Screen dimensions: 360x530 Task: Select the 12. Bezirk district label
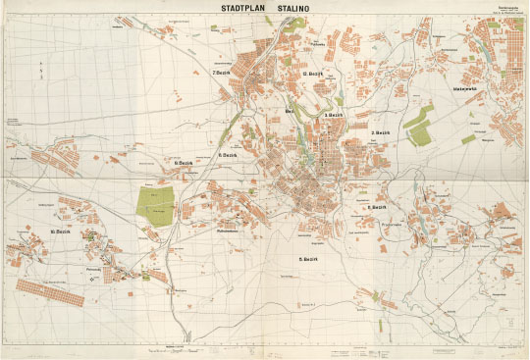(312, 75)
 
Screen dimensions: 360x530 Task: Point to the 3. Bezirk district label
(334, 116)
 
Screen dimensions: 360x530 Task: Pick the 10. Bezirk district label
(61, 231)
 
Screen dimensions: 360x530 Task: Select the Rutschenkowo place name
(232, 231)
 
